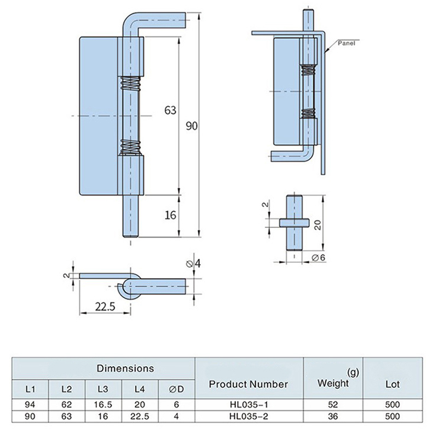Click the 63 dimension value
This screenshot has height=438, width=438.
pos(170,110)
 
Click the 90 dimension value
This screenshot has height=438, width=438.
pos(191,126)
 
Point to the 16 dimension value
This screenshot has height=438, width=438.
pos(170,215)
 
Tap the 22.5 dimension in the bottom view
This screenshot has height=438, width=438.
pos(103,307)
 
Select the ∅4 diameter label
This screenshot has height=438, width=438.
pos(193,264)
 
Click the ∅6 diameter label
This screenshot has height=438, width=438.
pos(319,257)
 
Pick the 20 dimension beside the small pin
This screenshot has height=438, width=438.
pos(317,223)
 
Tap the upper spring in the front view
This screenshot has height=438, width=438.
pos(129,84)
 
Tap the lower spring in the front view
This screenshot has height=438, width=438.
pos(129,147)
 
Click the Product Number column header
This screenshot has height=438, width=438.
pos(248,384)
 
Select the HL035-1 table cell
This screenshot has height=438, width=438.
pos(248,405)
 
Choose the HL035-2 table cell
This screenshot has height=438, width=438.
pos(248,416)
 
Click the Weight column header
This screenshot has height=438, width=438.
pos(333,383)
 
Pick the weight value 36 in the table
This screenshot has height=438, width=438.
pos(333,416)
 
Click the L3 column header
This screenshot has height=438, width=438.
pos(103,389)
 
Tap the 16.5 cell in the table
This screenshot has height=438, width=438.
pos(103,405)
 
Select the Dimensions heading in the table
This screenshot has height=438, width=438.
pos(125,368)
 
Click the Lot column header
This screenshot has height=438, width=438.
pos(391,384)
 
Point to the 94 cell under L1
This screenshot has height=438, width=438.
pos(31,405)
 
